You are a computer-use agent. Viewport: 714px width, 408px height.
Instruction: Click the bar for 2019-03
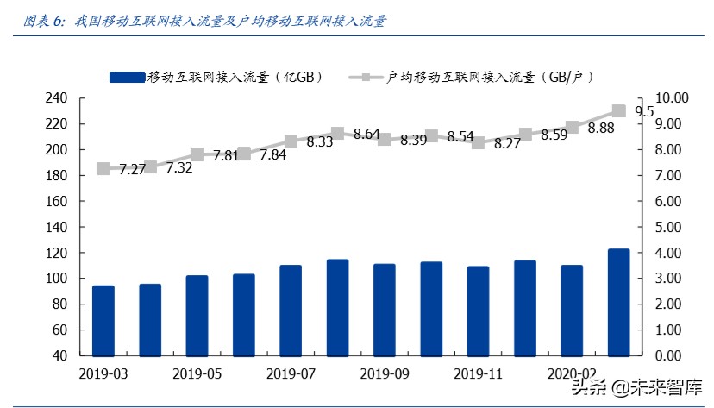103,320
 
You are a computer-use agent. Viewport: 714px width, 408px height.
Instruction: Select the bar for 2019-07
291,310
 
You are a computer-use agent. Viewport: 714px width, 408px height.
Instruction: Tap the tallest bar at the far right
618,302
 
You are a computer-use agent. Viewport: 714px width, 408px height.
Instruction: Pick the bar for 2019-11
478,311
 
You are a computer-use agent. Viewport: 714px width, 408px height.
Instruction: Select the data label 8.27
507,144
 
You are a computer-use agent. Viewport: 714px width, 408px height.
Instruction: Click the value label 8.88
600,128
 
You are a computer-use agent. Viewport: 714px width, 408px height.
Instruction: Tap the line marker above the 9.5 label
618,110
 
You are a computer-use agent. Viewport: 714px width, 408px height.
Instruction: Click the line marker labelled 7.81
197,154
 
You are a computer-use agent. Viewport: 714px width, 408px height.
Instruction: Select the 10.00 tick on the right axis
672,98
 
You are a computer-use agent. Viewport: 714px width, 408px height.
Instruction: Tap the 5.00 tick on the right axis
669,227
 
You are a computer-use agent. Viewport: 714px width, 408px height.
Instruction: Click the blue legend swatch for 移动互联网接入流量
128,78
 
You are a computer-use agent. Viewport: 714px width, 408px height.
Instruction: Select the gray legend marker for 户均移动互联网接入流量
366,78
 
